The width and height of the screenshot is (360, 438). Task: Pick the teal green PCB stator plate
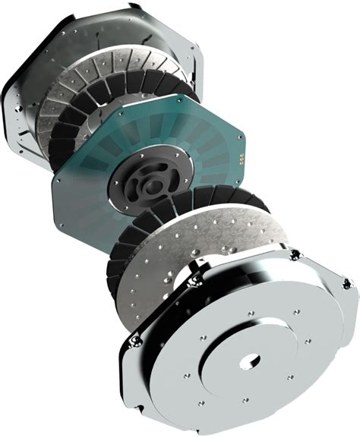coord(84,190)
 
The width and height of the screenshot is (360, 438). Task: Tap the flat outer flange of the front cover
coord(304,372)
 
